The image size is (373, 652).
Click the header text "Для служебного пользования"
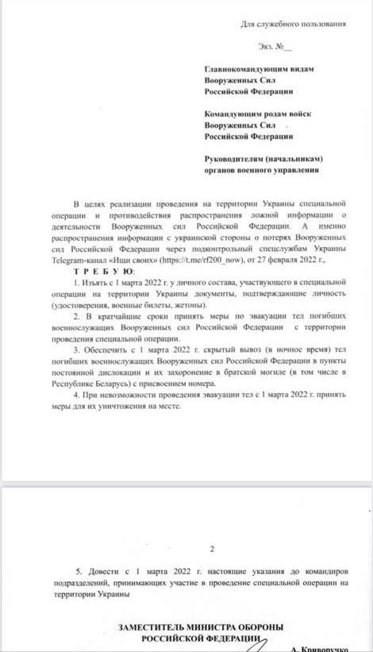coord(293,25)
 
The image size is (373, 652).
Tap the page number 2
coord(210,549)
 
